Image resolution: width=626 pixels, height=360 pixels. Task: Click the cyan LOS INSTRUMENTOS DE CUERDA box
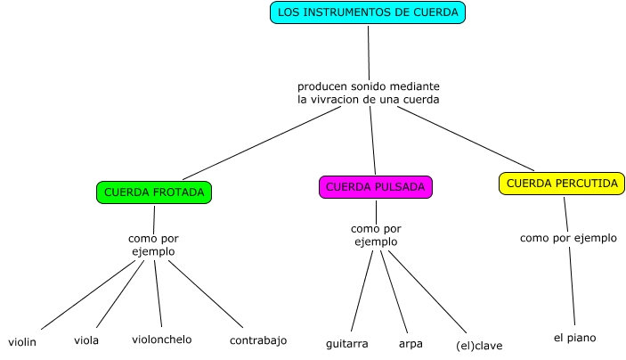pos(368,12)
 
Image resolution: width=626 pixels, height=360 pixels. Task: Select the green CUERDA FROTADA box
pos(154,192)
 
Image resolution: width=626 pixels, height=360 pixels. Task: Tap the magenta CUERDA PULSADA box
pos(376,187)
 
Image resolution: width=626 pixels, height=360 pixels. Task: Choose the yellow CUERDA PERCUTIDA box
pos(561,183)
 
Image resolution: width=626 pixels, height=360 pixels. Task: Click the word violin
pos(22,342)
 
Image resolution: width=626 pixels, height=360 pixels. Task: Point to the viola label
pos(86,340)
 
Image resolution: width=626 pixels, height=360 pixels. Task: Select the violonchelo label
pos(161,340)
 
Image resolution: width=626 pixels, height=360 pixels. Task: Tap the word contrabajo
pos(258,340)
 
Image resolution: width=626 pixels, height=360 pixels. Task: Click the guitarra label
pos(347,343)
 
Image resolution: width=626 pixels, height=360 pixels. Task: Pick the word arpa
pos(411,343)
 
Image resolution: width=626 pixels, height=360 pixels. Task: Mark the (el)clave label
pos(478,345)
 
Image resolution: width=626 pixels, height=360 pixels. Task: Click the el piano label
pos(574,338)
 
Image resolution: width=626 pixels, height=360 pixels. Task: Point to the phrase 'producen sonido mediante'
pos(369,86)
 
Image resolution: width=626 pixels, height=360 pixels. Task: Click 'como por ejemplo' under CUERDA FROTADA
pos(151,245)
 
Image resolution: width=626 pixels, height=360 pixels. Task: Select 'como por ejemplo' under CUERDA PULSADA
pos(376,235)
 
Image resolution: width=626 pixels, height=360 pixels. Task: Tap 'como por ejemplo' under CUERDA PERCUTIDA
pos(568,238)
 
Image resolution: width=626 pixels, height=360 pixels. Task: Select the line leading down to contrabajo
pos(206,294)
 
